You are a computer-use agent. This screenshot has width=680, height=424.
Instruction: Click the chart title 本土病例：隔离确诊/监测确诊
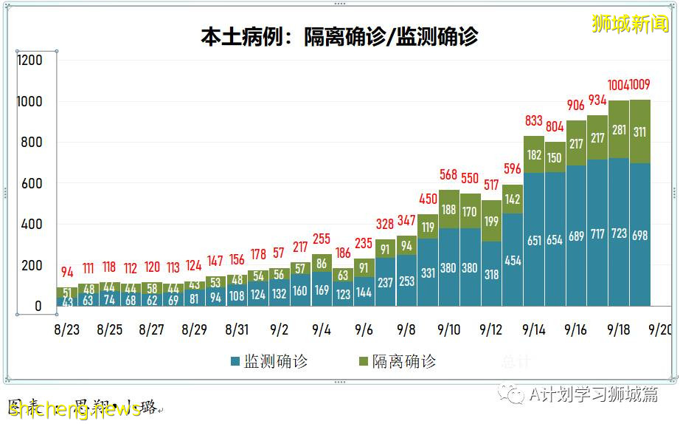[339, 37]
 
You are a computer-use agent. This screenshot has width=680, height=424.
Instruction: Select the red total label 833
[534, 121]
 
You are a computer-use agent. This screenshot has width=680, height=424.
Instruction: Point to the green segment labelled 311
[640, 131]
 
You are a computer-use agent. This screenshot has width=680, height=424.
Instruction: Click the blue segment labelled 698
[640, 234]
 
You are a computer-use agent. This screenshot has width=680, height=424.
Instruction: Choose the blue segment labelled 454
[513, 259]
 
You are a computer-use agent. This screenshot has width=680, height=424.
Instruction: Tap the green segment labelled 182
[534, 155]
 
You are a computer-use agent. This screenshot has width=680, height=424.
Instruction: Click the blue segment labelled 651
[534, 239]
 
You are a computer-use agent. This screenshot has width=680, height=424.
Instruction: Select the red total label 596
[513, 168]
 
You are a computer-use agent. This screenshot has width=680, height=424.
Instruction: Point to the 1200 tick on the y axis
[30, 61]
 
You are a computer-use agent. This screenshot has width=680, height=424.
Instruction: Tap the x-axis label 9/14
[533, 329]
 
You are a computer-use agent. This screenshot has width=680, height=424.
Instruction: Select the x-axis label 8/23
[66, 329]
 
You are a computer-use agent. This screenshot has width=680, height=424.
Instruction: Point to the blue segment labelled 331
[428, 273]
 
